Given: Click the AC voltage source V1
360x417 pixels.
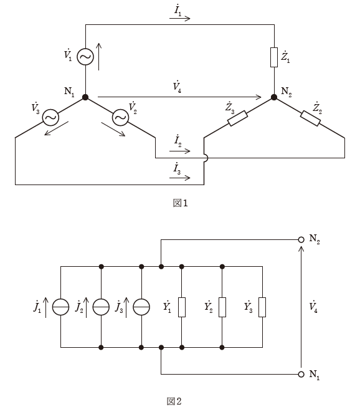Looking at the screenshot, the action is pyautogui.click(x=85, y=57).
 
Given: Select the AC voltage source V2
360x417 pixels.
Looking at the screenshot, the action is pyautogui.click(x=120, y=117).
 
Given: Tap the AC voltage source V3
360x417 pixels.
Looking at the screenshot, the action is pyautogui.click(x=50, y=117).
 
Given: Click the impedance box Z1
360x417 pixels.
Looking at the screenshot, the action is pyautogui.click(x=274, y=57).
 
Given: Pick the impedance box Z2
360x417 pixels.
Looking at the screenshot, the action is pyautogui.click(x=310, y=118).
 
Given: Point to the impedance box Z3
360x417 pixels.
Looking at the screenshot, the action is pyautogui.click(x=238, y=118).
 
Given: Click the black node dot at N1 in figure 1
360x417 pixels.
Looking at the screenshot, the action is pyautogui.click(x=85, y=97).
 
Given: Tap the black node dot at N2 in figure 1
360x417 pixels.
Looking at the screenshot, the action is pyautogui.click(x=274, y=97).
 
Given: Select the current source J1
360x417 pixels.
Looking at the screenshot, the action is pyautogui.click(x=60, y=307).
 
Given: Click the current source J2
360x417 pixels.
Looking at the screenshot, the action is pyautogui.click(x=101, y=307).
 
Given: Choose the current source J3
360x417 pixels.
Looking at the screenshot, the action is pyautogui.click(x=141, y=307).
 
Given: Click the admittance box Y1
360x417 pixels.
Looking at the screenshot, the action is pyautogui.click(x=182, y=307).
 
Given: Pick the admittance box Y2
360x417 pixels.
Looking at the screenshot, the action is pyautogui.click(x=222, y=307).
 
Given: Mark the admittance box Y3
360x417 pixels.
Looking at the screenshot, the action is pyautogui.click(x=262, y=307).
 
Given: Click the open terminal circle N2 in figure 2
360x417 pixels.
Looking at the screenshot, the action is pyautogui.click(x=301, y=239).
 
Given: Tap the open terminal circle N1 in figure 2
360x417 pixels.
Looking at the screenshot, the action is pyautogui.click(x=301, y=374).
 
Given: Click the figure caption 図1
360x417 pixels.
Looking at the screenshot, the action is pyautogui.click(x=181, y=203).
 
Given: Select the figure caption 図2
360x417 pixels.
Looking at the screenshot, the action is pyautogui.click(x=174, y=401).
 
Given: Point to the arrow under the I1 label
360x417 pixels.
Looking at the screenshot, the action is pyautogui.click(x=180, y=18).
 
